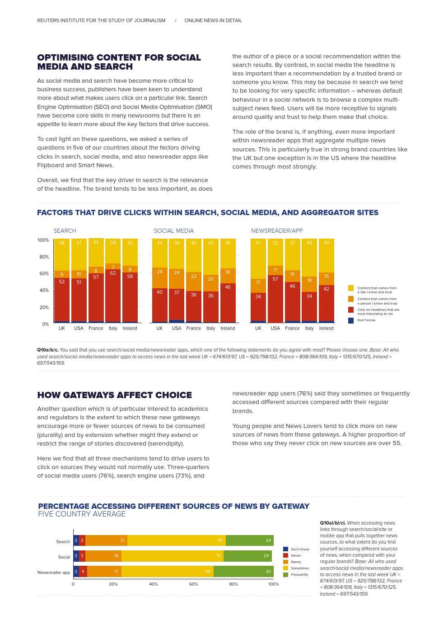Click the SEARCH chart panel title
[x=65, y=231]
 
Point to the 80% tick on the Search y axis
[x=44, y=257]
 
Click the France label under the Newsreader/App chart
[x=292, y=329]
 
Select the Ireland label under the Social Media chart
[x=228, y=329]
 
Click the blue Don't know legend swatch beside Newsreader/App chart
[x=351, y=320]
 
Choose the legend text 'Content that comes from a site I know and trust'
[x=377, y=290]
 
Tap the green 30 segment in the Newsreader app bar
[x=243, y=572]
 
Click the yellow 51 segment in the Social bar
[x=172, y=556]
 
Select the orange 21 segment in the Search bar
[x=106, y=540]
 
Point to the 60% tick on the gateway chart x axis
[x=193, y=584]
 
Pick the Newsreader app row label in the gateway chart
[x=53, y=573]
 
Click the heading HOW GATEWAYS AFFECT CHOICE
[x=114, y=395]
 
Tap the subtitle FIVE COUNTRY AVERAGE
[x=82, y=514]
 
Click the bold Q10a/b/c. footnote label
[x=47, y=350]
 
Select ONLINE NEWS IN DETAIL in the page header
[x=213, y=20]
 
